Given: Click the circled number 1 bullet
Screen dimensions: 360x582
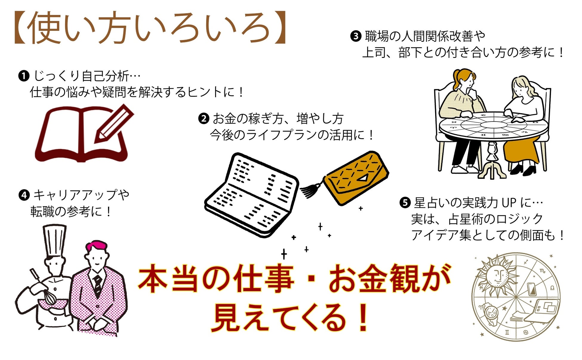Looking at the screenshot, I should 24,76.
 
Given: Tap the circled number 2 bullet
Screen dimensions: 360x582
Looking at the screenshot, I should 204,119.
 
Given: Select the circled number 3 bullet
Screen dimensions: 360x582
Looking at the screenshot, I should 355,36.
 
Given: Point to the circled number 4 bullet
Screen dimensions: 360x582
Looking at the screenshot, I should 24,195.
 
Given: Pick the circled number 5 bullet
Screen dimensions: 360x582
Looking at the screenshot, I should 405,203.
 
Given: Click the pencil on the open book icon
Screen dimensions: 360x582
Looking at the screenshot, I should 113,124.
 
